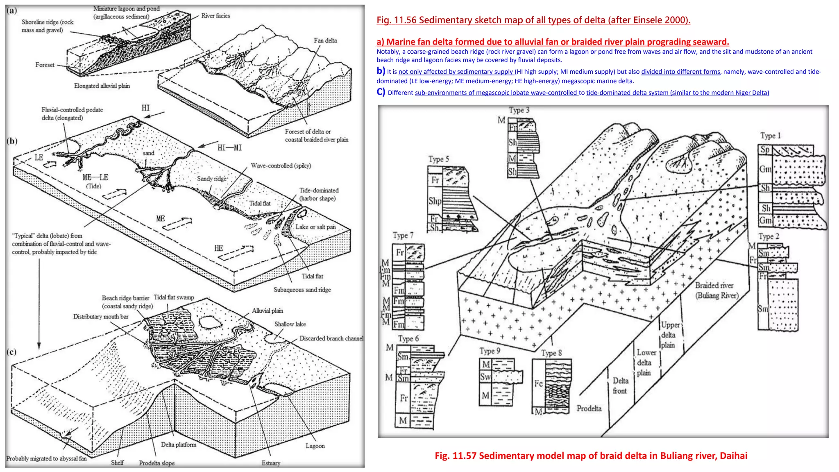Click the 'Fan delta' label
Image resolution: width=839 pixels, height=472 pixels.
(x=325, y=41)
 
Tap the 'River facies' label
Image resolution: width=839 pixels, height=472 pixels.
(x=215, y=16)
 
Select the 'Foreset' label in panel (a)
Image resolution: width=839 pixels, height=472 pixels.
(x=45, y=65)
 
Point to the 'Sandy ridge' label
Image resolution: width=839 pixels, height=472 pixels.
(x=211, y=179)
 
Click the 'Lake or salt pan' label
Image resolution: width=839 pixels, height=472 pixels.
(x=315, y=227)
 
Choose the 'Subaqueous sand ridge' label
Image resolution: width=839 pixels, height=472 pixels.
(x=302, y=290)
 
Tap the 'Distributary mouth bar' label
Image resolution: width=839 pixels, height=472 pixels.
(x=101, y=317)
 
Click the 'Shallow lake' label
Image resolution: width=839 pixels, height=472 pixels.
(x=290, y=324)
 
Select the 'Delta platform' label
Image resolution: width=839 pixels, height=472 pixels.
(x=178, y=445)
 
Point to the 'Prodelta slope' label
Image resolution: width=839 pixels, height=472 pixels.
(x=156, y=463)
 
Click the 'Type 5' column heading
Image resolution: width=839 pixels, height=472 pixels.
(x=438, y=159)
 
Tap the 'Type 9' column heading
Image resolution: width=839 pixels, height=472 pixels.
(x=490, y=351)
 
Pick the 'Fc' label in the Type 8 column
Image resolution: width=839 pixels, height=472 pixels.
(x=538, y=383)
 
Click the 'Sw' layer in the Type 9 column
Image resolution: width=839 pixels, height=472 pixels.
(x=485, y=377)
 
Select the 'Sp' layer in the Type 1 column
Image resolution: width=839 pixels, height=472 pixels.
(x=765, y=150)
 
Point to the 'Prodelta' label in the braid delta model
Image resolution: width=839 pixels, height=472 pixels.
(x=589, y=408)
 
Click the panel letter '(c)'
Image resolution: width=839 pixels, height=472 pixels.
(x=11, y=352)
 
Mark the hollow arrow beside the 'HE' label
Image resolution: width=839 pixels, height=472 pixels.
(x=236, y=252)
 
